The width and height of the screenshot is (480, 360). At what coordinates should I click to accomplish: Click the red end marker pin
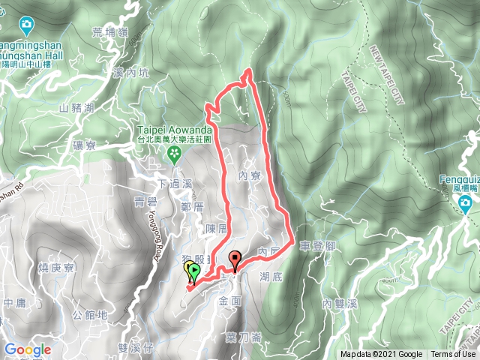[x=235, y=261]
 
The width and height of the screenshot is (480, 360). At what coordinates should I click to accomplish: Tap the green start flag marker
[x=194, y=271]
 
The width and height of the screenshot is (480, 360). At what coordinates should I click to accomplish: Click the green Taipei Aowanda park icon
[x=175, y=155]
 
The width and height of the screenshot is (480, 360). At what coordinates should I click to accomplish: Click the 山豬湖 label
[x=77, y=108]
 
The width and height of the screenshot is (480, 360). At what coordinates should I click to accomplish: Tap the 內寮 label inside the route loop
[x=247, y=175]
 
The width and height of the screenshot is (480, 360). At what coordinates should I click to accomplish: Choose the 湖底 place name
[x=271, y=277]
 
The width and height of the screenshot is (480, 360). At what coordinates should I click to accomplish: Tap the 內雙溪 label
[x=337, y=303]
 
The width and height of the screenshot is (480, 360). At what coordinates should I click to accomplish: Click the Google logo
[x=28, y=349]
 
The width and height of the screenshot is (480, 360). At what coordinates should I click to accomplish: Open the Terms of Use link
[x=453, y=355]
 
